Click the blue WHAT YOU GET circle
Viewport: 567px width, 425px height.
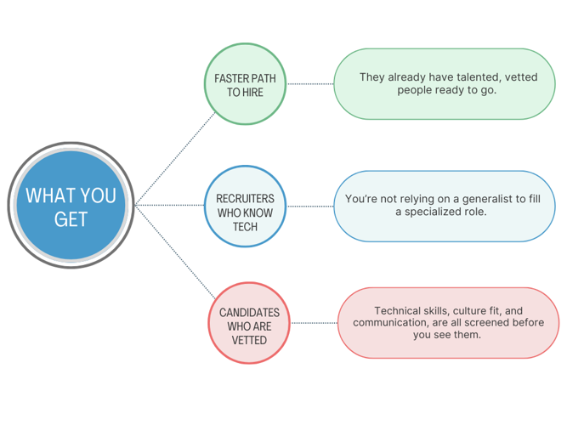71,205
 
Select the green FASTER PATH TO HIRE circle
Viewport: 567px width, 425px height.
245,84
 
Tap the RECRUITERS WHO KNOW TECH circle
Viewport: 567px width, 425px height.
245,207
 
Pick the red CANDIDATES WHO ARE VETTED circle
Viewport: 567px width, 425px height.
249,323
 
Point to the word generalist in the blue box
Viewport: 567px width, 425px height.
487,199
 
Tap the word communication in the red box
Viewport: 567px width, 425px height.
390,322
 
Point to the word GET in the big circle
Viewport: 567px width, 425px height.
71,219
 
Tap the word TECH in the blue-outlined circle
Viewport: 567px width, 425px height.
245,227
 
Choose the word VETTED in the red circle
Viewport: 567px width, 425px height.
249,340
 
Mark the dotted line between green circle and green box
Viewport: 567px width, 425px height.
310,84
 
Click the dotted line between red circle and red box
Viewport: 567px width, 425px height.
315,323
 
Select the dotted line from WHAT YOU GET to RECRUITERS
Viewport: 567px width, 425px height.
169,205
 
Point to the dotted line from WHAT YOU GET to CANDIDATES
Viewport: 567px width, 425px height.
175,252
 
